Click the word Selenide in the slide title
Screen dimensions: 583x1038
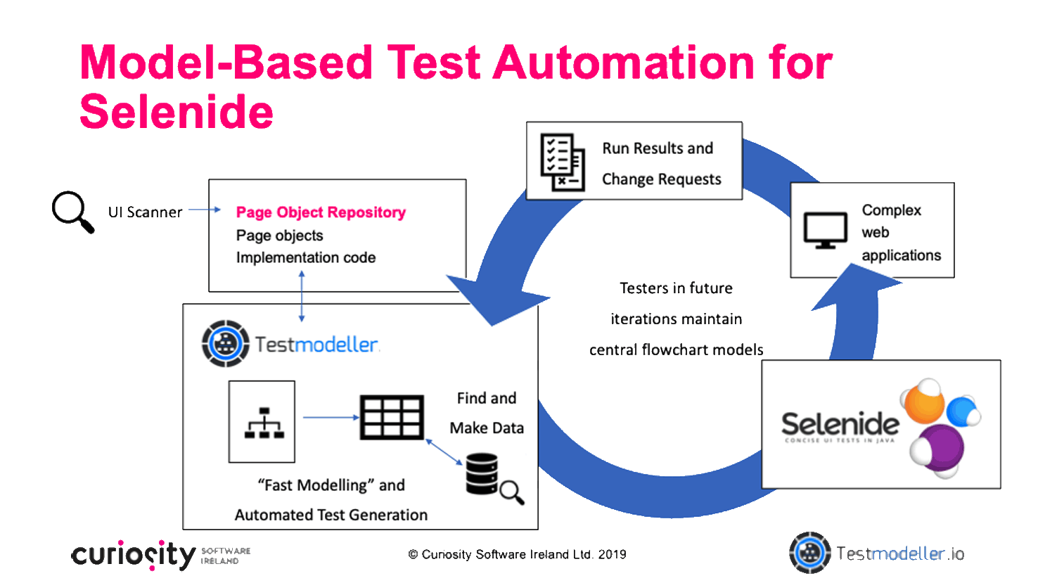[177, 112]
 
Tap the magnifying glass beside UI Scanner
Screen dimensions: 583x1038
[72, 210]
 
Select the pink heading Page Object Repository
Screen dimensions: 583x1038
[321, 212]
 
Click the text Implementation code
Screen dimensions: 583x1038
[305, 257]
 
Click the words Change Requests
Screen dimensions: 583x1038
[661, 179]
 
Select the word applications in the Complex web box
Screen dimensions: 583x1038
[901, 255]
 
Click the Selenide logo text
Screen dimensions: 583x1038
[840, 424]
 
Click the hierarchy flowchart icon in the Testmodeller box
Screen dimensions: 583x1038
[262, 422]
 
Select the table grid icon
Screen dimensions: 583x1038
[392, 417]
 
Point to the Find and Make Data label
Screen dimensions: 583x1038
[487, 413]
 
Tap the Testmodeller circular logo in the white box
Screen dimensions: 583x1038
[225, 344]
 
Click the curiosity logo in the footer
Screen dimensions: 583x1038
[134, 556]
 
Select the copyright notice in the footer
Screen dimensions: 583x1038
[517, 554]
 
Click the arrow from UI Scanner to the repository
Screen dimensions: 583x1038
[205, 210]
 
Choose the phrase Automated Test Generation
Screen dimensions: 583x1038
[331, 515]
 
